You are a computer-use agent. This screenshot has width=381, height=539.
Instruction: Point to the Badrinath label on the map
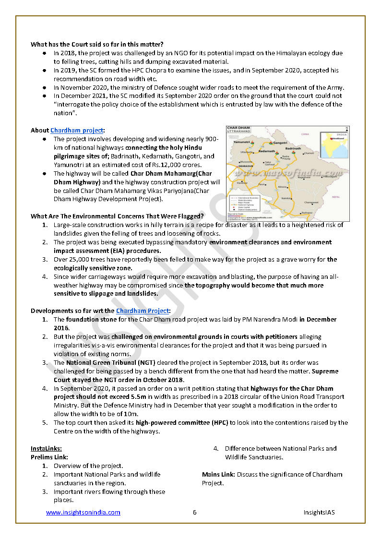tap(293, 149)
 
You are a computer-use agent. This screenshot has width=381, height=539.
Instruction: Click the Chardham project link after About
tap(76, 130)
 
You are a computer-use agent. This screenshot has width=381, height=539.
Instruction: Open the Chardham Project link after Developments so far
tap(142, 311)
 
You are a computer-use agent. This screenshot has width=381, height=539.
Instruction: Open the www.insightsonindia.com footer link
tap(83, 512)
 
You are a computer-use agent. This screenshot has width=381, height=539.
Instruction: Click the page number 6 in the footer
tap(195, 512)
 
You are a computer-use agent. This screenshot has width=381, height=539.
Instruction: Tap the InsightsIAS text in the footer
tap(319, 512)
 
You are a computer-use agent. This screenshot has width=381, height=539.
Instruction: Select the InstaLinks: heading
tap(46, 448)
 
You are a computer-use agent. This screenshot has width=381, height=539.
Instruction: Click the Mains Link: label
tap(218, 474)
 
